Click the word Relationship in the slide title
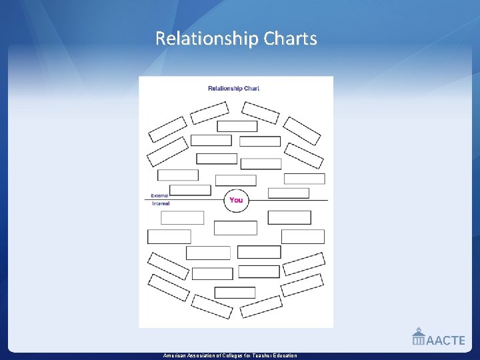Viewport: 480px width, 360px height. coord(207,39)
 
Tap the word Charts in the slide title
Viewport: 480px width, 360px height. coord(290,39)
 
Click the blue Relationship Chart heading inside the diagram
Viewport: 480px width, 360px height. coord(233,88)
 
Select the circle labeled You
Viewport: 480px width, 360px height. coord(236,200)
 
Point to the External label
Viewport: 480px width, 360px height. coord(160,195)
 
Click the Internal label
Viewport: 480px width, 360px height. coord(161,203)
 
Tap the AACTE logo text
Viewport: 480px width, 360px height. coord(445,340)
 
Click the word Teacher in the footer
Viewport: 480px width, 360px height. coord(260,356)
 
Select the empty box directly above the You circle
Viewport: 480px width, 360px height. coord(236,181)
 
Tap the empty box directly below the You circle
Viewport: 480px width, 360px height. coord(235,228)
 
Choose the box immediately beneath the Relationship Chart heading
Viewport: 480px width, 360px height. coord(237,126)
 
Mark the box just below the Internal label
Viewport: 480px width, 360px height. coord(183,218)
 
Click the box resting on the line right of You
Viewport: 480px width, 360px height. coord(289,193)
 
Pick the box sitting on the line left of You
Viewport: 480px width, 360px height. coord(190,191)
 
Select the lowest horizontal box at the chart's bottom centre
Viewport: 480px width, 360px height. coord(235,293)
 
